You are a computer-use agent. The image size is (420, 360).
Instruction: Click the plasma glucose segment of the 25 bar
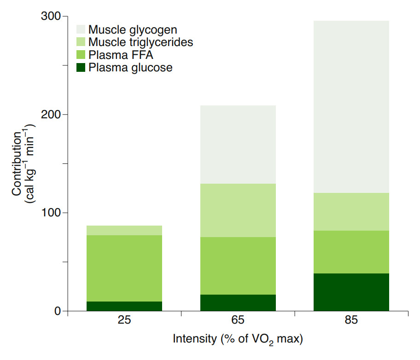point(124,306)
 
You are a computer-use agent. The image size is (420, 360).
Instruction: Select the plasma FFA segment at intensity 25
point(124,268)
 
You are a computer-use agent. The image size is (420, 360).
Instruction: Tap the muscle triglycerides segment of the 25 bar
point(124,230)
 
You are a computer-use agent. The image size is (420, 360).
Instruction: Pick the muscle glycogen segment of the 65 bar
point(238,145)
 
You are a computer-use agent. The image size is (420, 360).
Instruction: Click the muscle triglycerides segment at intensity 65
point(238,210)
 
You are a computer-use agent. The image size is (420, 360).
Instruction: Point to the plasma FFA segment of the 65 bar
point(238,266)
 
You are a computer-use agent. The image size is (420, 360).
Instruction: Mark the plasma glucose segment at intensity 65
point(238,302)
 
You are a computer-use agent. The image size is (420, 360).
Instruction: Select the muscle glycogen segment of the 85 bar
point(351,107)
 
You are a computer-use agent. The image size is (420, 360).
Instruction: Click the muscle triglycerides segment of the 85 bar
point(351,212)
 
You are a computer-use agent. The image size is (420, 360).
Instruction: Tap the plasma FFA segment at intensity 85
point(351,252)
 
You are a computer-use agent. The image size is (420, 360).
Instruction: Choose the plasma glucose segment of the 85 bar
point(351,292)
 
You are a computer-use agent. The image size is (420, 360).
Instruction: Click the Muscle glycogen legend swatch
point(81,30)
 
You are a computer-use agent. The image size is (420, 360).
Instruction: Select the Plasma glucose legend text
point(130,68)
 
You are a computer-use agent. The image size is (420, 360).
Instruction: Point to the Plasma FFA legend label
point(121,56)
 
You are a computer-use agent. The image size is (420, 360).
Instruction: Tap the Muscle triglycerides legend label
point(140,43)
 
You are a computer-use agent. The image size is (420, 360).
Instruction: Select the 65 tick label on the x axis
point(238,320)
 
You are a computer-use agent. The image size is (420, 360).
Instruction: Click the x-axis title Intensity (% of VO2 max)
point(238,340)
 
